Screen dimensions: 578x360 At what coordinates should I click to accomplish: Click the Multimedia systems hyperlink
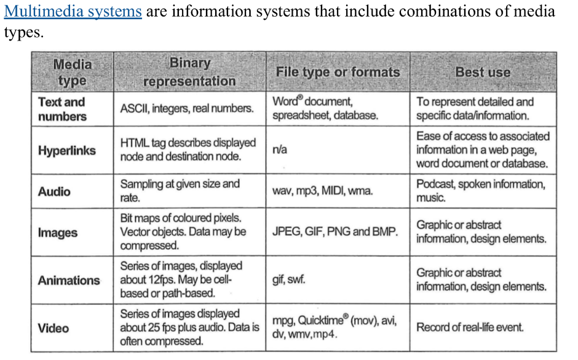73,11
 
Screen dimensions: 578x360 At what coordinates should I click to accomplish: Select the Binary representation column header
189,72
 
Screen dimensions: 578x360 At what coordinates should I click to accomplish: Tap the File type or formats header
338,72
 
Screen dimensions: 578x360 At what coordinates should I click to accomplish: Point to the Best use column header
483,72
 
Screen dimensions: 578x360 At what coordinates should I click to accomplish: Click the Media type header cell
73,72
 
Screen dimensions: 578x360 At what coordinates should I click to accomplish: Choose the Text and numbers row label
62,109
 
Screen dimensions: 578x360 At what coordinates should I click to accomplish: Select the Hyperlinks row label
67,151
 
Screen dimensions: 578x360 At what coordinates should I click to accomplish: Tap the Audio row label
54,191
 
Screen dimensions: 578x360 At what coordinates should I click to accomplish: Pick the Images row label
58,233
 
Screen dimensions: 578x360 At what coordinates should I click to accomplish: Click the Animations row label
69,281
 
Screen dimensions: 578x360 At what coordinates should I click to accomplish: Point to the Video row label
53,328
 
